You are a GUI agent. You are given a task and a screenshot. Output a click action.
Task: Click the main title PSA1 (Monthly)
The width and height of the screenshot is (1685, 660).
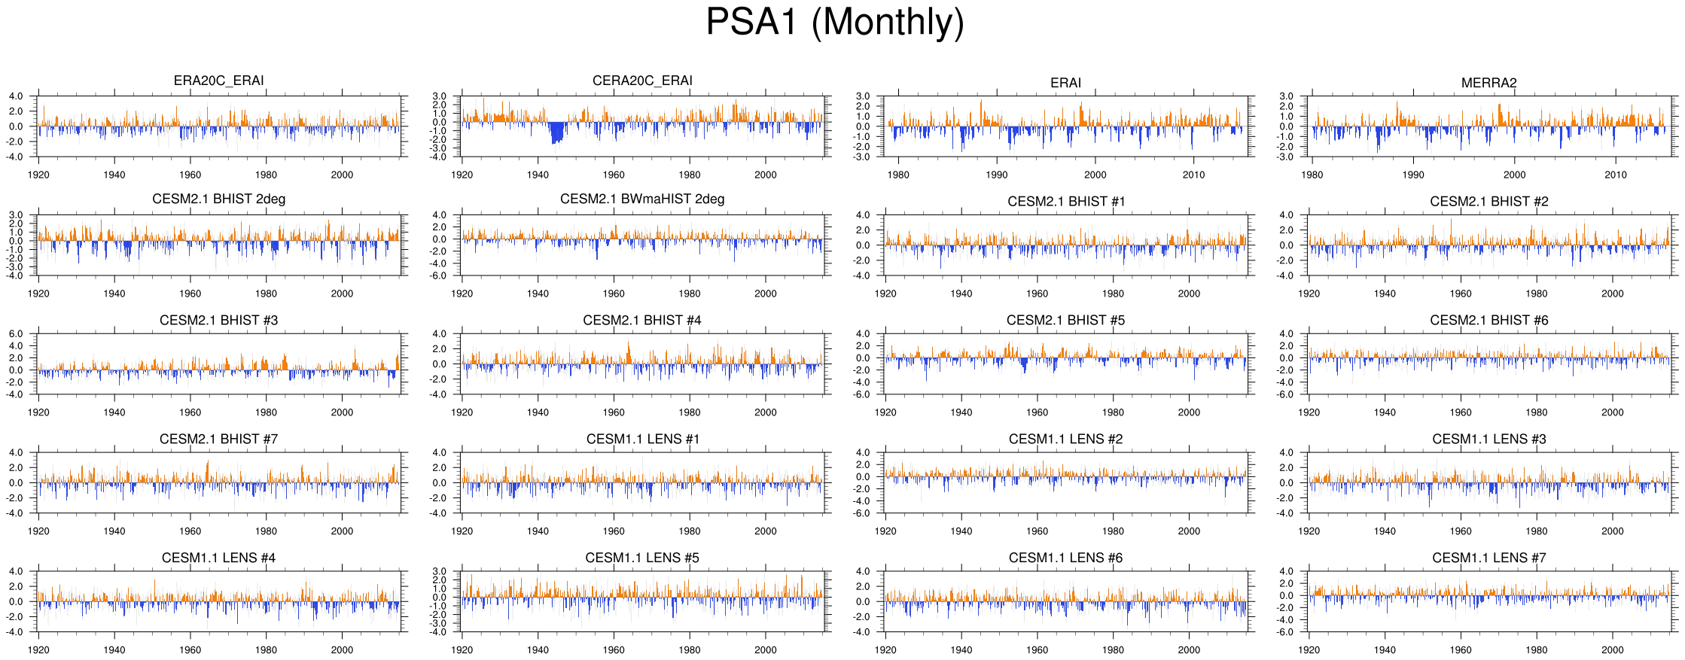[834, 23]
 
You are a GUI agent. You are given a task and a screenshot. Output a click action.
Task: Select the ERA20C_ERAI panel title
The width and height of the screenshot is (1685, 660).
[218, 81]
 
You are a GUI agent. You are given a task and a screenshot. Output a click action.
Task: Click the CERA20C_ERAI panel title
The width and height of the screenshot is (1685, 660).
[642, 81]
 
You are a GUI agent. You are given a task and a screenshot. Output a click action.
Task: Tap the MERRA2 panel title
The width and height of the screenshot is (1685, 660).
[1488, 83]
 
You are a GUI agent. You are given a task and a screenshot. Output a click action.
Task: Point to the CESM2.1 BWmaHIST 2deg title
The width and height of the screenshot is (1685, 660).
[642, 199]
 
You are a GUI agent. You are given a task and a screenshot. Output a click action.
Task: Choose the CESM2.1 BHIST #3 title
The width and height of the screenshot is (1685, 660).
[218, 321]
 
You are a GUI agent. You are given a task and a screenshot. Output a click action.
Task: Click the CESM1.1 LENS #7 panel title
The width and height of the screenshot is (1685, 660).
[1488, 558]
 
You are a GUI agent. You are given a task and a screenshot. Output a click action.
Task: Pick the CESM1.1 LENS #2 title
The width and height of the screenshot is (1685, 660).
[1065, 439]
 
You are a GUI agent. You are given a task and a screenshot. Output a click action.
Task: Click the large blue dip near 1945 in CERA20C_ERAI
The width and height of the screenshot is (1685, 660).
[556, 133]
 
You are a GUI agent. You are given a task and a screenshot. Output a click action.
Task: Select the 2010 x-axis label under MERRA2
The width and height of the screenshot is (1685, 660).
[1615, 175]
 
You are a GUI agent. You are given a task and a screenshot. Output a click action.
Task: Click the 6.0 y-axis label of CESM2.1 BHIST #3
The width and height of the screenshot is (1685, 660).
[16, 333]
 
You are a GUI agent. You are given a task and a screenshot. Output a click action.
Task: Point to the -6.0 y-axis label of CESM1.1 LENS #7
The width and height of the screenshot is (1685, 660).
[1286, 632]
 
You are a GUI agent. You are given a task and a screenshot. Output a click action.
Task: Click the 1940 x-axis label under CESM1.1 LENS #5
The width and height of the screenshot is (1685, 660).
[538, 649]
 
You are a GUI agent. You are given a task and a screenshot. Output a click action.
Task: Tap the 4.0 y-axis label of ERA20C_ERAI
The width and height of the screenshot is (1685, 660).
[16, 96]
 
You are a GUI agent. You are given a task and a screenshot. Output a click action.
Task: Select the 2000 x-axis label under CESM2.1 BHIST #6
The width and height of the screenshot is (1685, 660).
[1612, 412]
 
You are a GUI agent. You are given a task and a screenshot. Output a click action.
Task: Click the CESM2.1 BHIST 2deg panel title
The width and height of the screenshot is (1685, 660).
[218, 199]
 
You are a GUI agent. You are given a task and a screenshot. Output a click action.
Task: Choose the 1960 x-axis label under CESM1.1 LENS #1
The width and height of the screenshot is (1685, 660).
[614, 531]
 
